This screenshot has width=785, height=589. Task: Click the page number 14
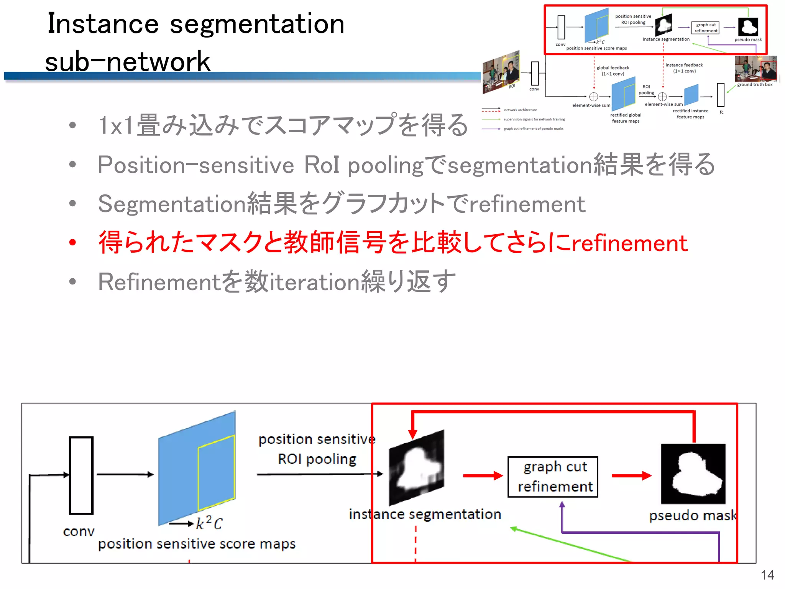coord(767,575)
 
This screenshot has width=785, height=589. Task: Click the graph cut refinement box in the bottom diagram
coord(552,477)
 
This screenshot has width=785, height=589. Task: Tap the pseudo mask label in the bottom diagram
coord(693,515)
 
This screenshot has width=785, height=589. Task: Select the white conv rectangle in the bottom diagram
coord(81,475)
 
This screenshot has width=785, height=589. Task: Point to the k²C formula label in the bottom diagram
coord(209,523)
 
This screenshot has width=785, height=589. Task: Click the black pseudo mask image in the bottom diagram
coord(693,474)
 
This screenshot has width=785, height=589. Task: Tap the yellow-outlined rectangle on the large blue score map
coord(216,472)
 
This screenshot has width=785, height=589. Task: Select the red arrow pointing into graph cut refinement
coord(483,476)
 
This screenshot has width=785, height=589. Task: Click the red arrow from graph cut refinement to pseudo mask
coord(631,476)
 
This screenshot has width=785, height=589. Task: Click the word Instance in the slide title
coord(103,24)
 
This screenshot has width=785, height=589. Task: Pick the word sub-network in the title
coord(128,61)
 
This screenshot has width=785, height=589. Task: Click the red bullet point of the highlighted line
coord(72,242)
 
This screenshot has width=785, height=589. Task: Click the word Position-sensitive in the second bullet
coord(195,165)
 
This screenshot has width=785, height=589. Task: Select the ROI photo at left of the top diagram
coord(501,72)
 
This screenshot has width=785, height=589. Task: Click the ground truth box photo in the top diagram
coord(755,69)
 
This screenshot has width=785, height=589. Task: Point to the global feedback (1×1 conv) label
coord(613,71)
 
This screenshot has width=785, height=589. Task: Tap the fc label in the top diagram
coord(721,112)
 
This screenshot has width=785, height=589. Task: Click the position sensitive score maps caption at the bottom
coord(197,544)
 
